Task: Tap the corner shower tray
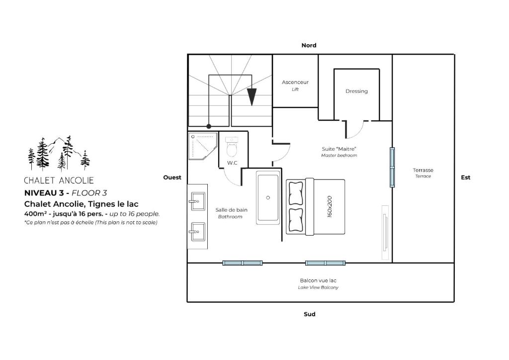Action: (203, 146)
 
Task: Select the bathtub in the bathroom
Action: (268, 198)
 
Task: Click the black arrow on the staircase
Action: (252, 97)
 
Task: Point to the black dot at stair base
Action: (209, 126)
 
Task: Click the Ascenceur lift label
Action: (295, 82)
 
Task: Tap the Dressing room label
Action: (356, 91)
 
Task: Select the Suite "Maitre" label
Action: (339, 149)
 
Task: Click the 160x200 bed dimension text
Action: (330, 206)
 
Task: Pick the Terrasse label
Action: (423, 170)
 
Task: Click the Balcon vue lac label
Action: (318, 280)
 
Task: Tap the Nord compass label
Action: (309, 45)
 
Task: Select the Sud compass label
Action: (309, 314)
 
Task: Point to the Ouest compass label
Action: (172, 178)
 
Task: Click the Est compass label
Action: (465, 178)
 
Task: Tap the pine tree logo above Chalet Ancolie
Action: (59, 154)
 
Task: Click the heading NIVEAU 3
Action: (44, 193)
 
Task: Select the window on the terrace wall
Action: (392, 168)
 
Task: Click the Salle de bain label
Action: (232, 210)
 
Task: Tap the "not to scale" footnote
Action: (91, 223)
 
